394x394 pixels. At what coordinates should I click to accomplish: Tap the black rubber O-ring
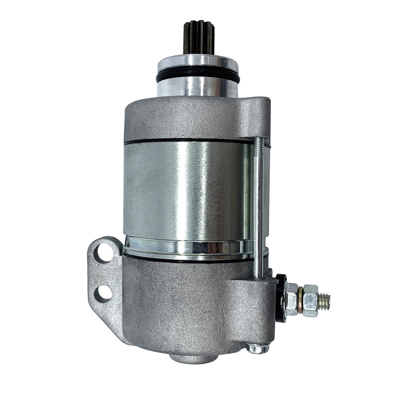198,77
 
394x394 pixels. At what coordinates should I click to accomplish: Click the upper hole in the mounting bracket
104,253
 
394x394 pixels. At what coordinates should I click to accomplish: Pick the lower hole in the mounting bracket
102,294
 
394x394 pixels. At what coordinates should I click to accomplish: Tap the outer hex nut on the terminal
310,301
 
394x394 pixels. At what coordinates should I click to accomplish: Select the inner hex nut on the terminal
292,299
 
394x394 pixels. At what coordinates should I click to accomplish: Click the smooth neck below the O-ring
198,88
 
